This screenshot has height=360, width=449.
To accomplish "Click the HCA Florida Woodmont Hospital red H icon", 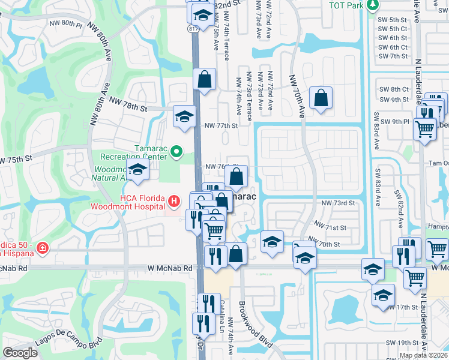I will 173,200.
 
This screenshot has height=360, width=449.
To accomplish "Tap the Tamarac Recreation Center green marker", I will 176,152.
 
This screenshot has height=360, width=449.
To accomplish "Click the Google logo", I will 20,352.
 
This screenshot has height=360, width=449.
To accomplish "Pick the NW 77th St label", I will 221,125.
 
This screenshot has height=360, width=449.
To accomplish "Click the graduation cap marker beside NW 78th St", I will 184,116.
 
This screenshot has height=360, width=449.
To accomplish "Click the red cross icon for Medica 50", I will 43,248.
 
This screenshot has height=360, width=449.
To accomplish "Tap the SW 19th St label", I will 402,343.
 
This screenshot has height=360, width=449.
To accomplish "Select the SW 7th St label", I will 393,56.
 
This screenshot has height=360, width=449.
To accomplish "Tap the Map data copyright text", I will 424,355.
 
